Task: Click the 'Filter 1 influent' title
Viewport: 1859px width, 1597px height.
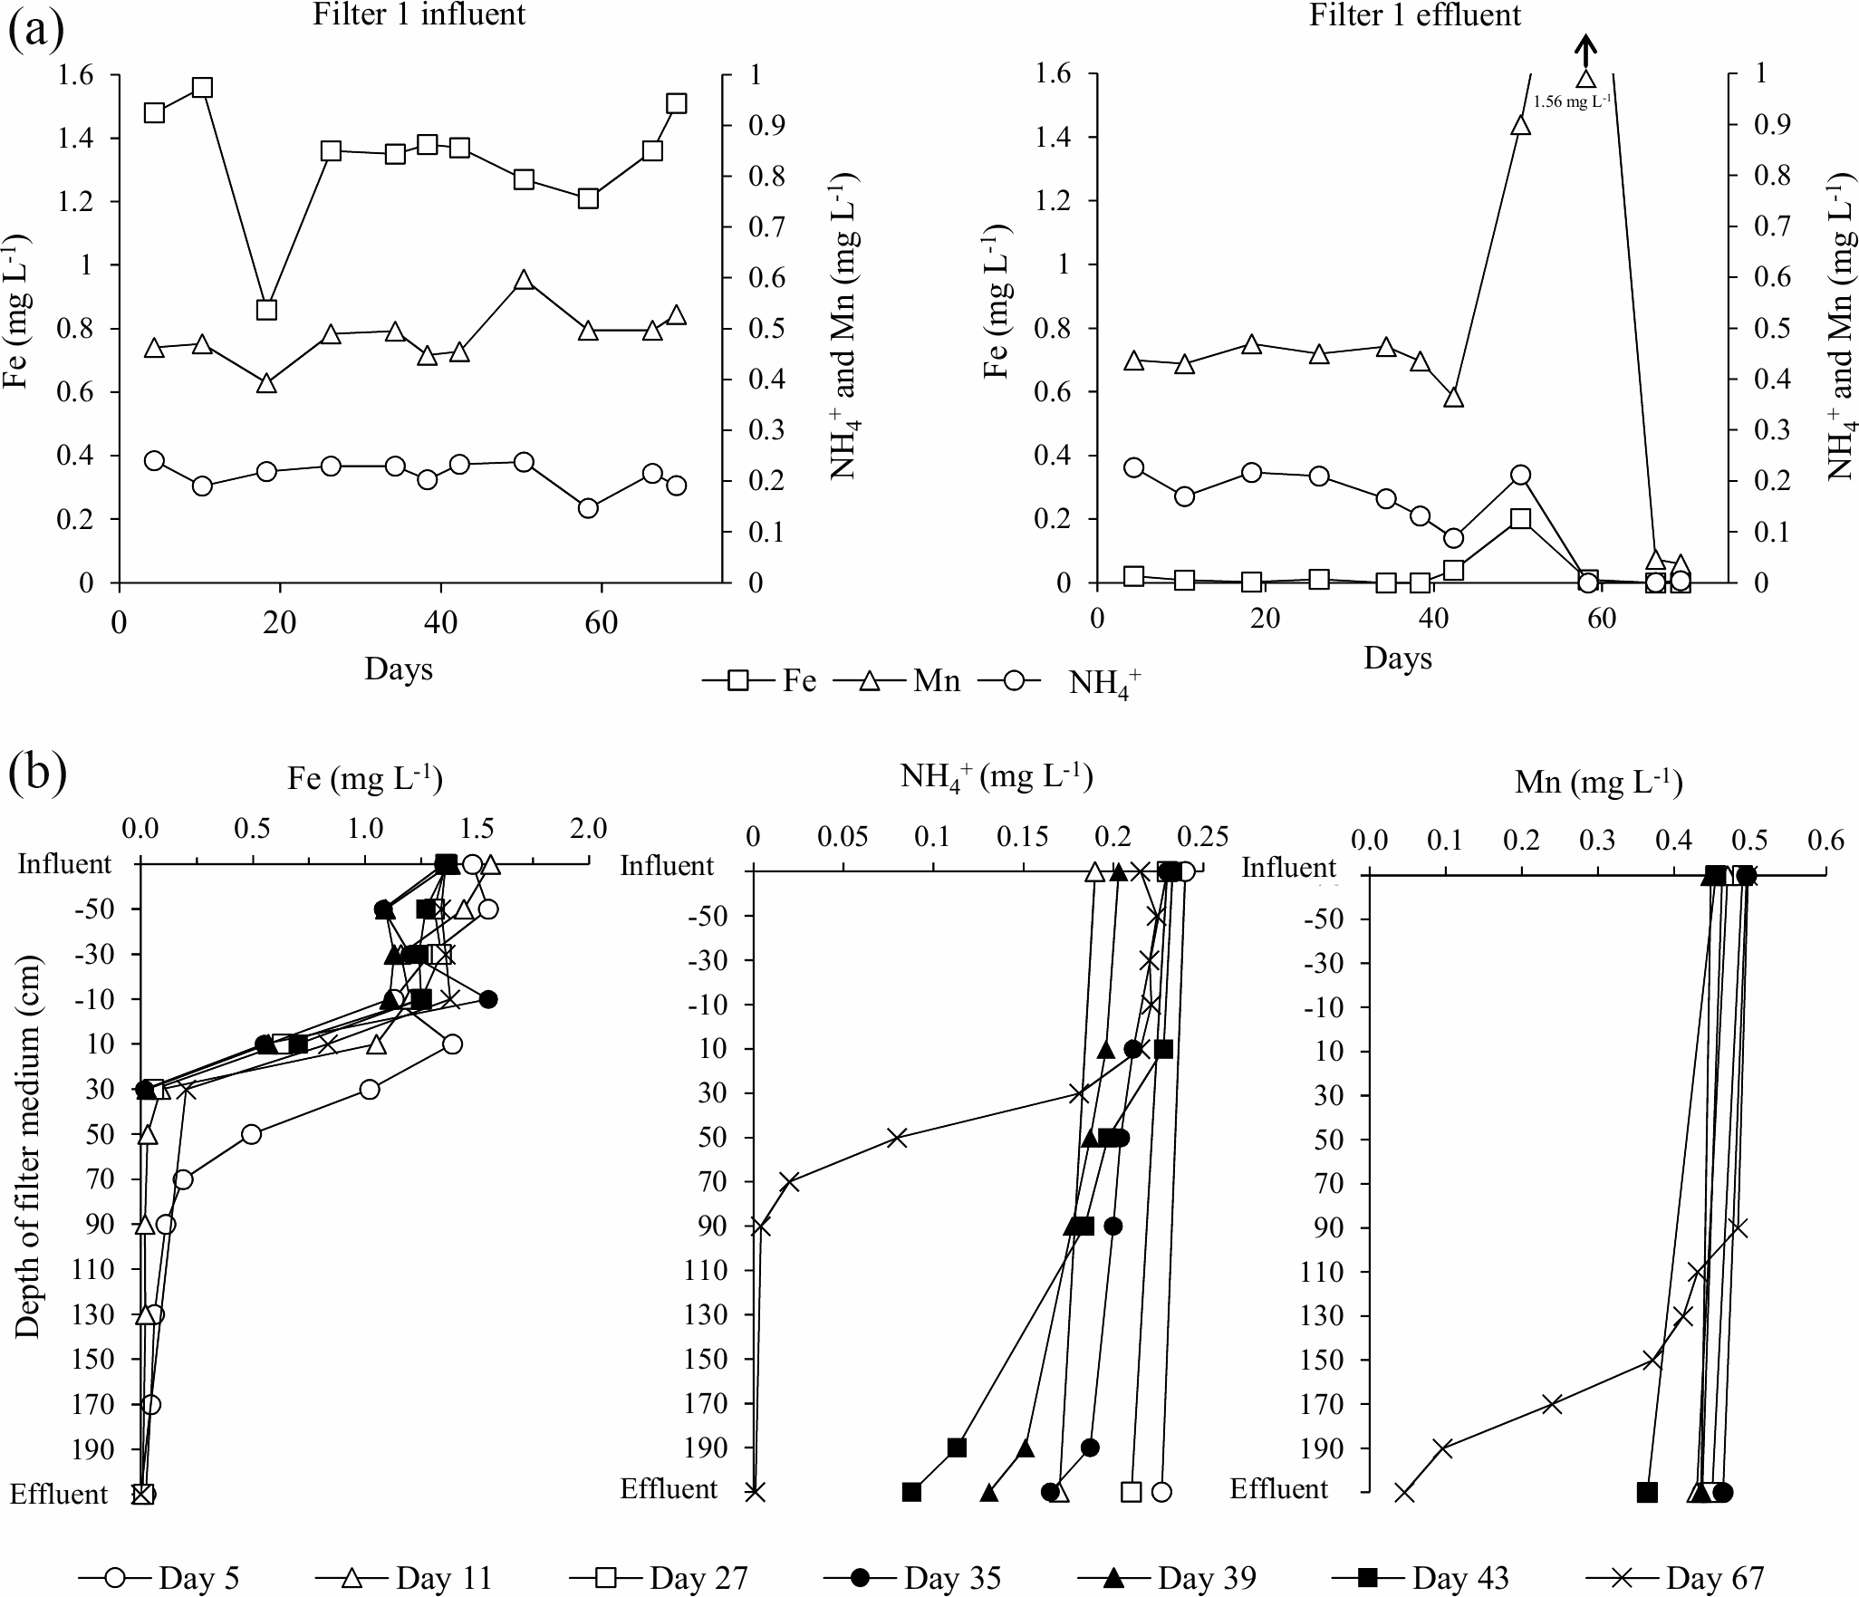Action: (x=419, y=15)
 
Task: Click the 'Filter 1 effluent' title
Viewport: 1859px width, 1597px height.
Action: (x=1415, y=15)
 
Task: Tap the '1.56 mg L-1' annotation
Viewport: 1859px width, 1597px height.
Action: (x=1571, y=102)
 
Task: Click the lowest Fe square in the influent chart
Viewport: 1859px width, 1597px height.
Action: (x=266, y=310)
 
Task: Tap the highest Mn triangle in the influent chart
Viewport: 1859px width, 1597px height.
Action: (x=523, y=280)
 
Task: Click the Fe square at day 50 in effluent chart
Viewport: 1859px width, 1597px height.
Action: (x=1521, y=518)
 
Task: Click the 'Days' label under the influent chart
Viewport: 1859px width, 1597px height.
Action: (x=399, y=669)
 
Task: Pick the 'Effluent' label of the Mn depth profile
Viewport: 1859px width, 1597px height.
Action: (x=1278, y=1488)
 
